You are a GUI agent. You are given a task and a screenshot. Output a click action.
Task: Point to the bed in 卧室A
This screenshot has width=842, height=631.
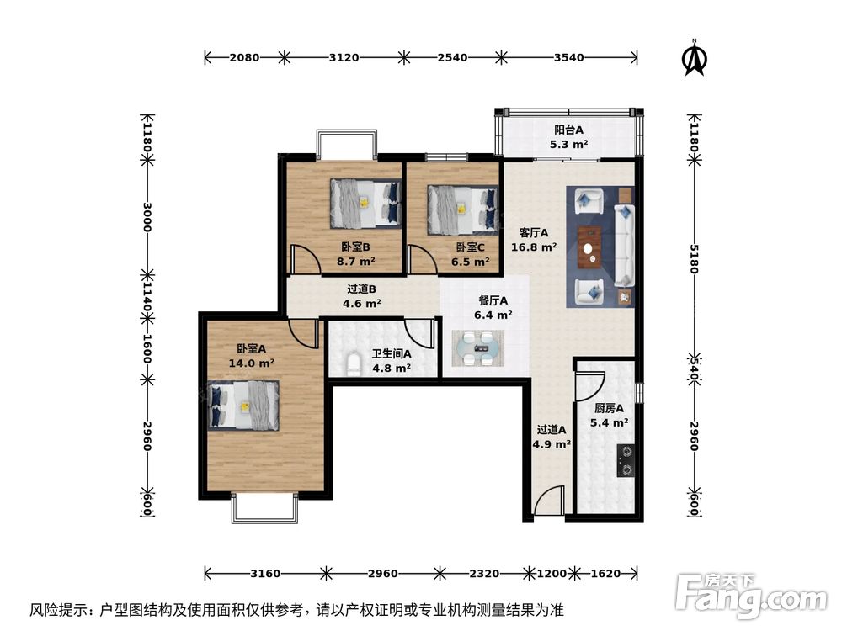click(243, 405)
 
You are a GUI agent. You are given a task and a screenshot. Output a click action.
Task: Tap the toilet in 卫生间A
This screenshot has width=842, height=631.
click(354, 364)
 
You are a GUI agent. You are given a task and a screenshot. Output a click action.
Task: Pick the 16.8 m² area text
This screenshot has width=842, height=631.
click(534, 247)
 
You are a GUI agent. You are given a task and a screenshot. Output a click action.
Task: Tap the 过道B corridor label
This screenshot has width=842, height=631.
click(361, 289)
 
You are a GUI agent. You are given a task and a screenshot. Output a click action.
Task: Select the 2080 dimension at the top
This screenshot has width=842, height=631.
click(244, 58)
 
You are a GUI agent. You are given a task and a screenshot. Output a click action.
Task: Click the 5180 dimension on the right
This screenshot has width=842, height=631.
click(692, 256)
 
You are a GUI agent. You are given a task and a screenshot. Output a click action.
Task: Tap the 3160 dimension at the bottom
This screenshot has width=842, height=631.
click(265, 574)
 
